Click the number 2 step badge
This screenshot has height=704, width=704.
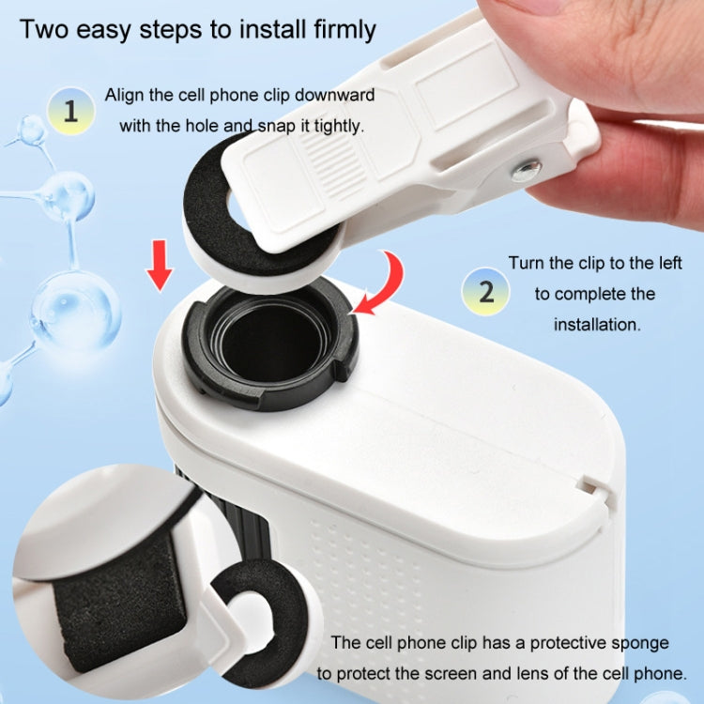point(486,290)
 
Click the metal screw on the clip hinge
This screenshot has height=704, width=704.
point(527,169)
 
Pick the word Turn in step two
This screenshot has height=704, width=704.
point(528,263)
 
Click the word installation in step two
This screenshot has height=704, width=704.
point(596,325)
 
